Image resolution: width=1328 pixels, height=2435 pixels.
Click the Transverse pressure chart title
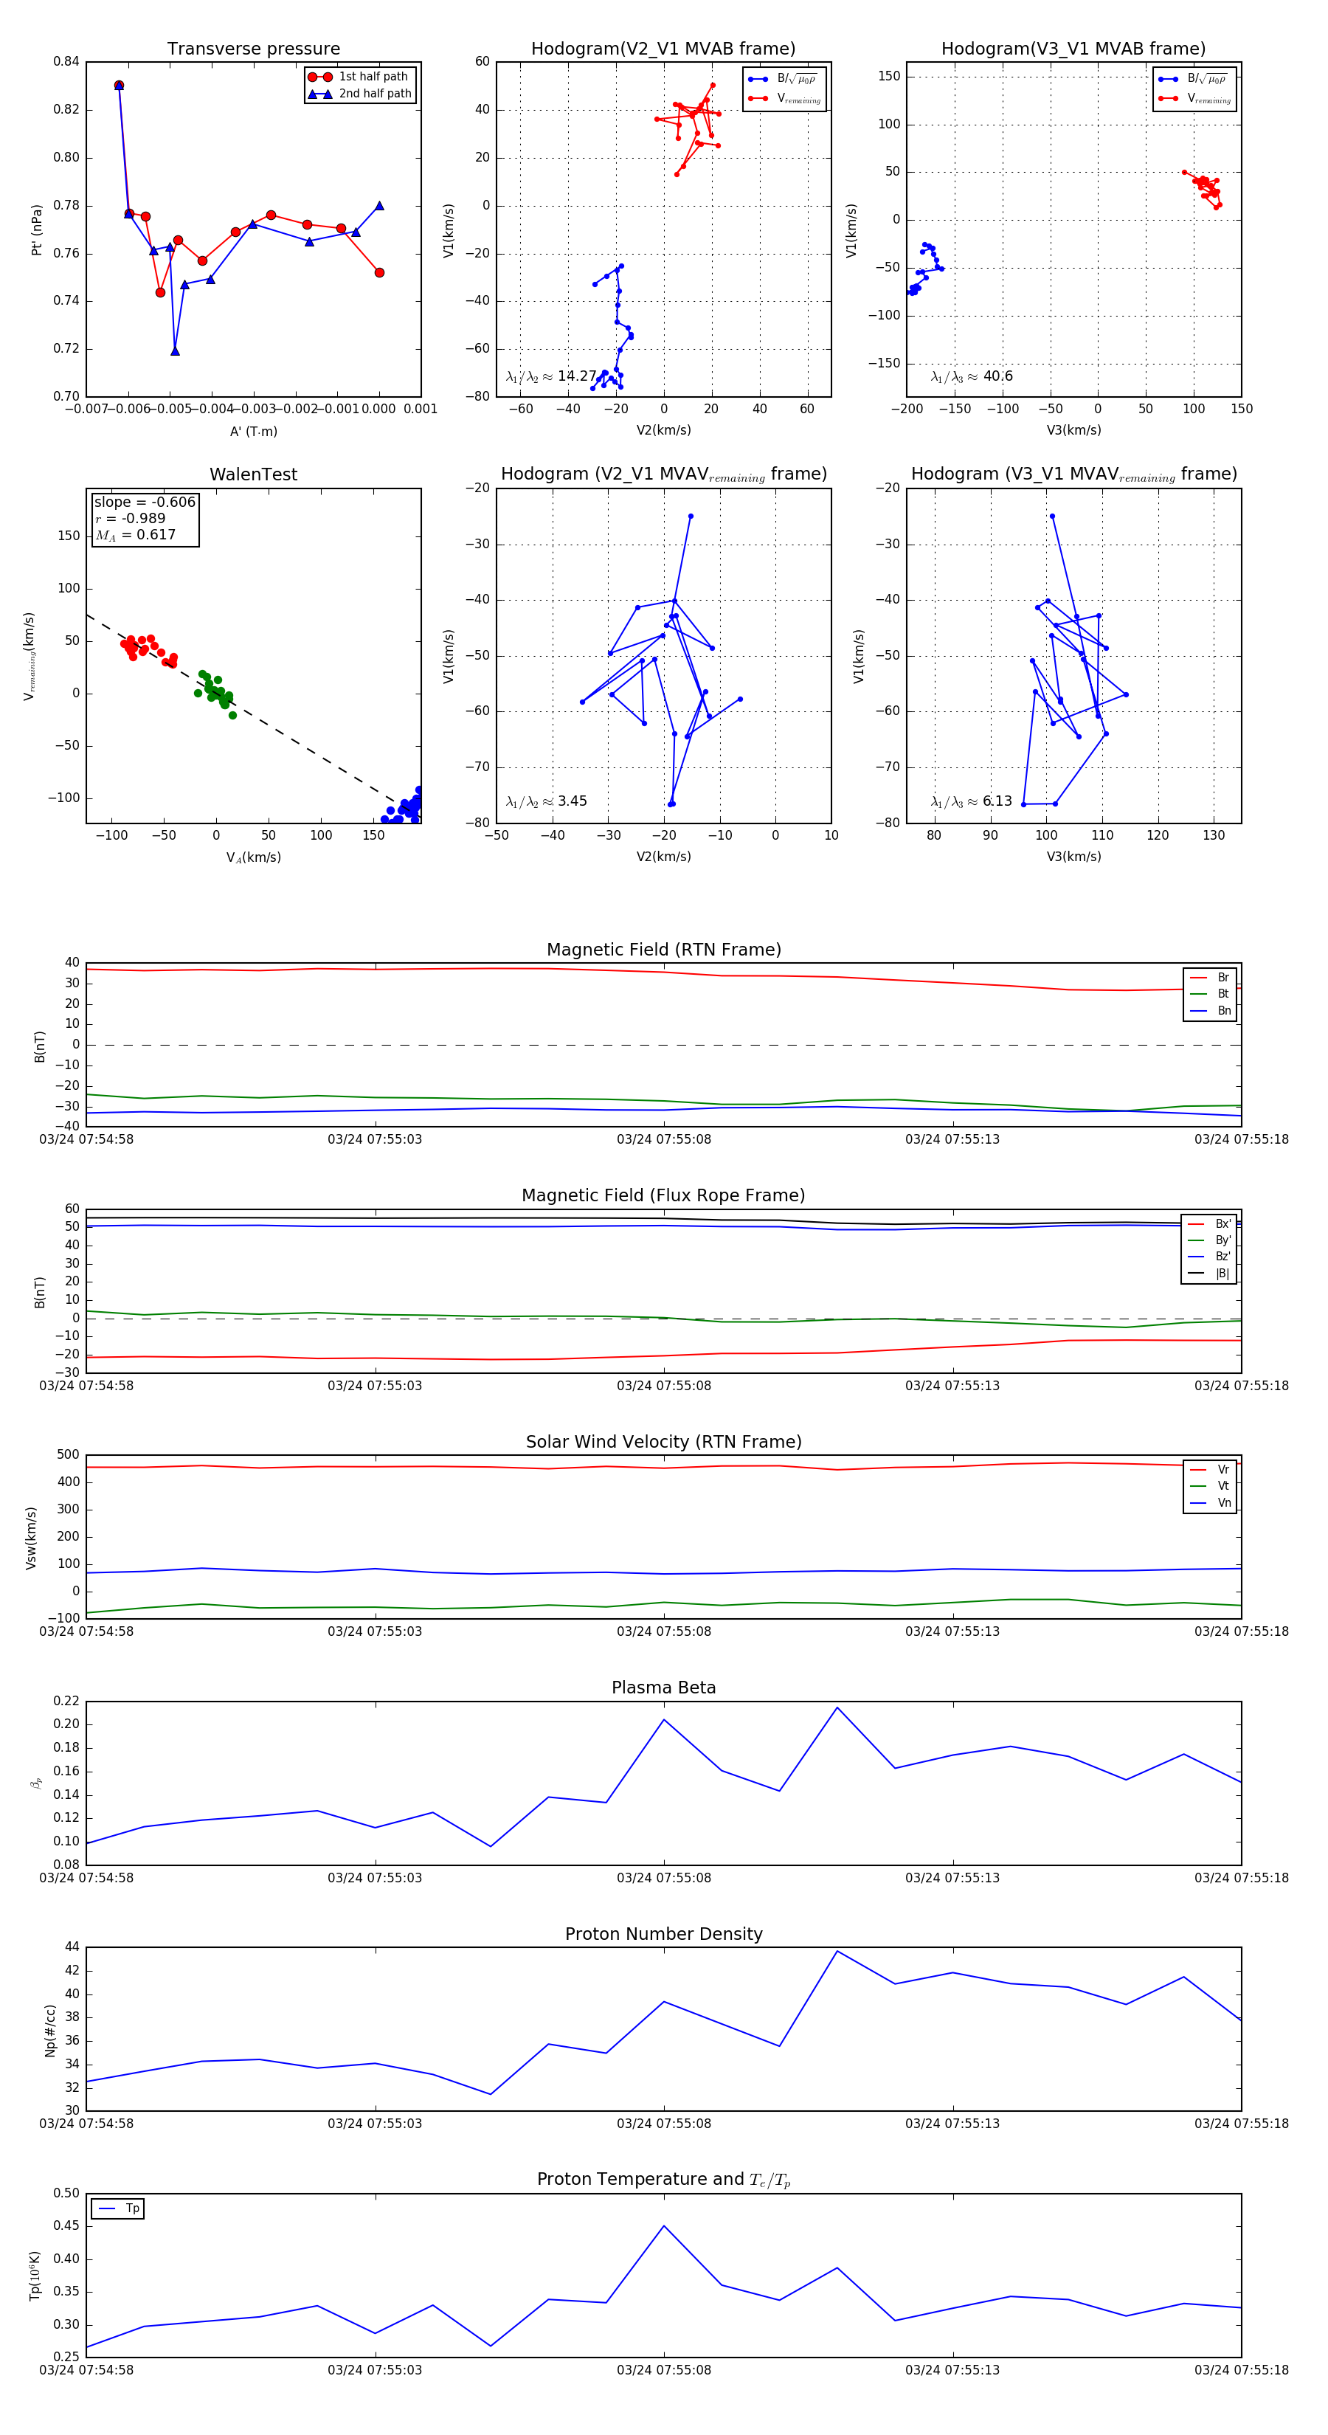pos(253,49)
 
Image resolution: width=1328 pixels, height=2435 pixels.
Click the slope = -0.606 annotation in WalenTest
pos(145,502)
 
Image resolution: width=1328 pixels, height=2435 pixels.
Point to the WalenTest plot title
pos(253,474)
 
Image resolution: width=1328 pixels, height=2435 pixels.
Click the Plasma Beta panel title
pos(663,1688)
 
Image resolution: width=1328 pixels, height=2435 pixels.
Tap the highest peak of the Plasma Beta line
pos(837,1707)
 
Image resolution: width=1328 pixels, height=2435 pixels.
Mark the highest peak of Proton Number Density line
pos(837,1951)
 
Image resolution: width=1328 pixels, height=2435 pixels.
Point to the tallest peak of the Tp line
pos(663,2226)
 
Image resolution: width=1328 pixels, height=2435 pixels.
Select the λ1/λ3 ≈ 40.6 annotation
pos(972,376)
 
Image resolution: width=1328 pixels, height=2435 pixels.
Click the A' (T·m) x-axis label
pos(253,431)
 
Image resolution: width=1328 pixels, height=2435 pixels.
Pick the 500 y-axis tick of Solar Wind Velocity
pos(68,1455)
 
